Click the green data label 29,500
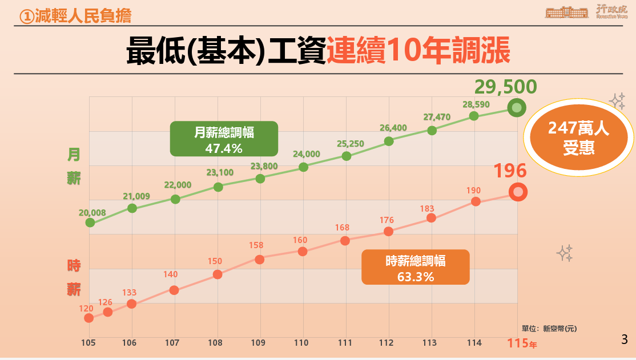[x=506, y=87]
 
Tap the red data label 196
[x=510, y=171]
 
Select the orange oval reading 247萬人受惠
[x=579, y=137]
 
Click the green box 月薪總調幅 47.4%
[x=224, y=139]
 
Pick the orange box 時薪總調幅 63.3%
[x=416, y=268]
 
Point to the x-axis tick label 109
[x=257, y=343]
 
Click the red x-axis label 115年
[x=522, y=343]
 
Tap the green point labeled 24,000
[x=304, y=167]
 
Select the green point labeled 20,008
[x=90, y=223]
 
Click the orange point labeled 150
[x=218, y=274]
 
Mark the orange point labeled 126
[x=108, y=312]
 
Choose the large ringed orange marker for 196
[x=518, y=192]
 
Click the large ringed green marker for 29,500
[x=517, y=108]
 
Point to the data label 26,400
[x=393, y=128]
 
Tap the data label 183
[x=428, y=208]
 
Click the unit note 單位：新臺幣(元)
[x=549, y=328]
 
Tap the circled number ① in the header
[x=26, y=17]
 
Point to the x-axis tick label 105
[x=88, y=343]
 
